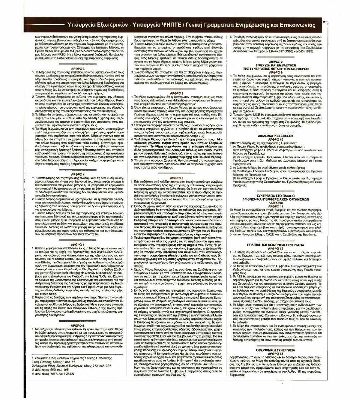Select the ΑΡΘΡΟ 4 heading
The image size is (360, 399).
coord(78,174)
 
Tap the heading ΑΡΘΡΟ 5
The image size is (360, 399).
coord(78,235)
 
